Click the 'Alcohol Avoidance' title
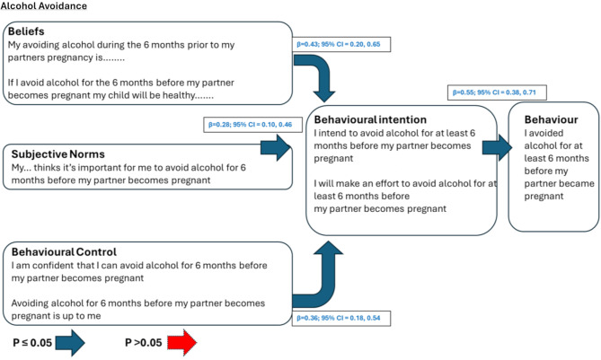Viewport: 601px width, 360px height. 44,6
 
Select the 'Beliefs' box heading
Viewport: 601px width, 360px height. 29,31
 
